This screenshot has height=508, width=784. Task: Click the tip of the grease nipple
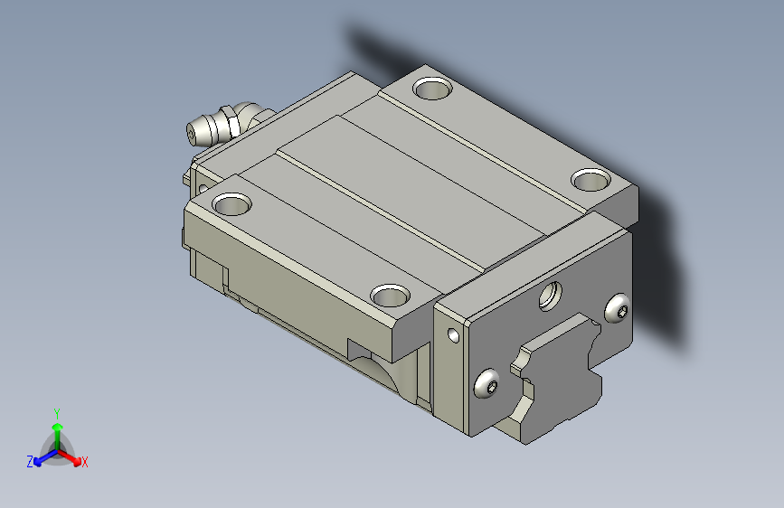point(192,135)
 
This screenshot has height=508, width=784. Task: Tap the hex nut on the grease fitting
point(230,120)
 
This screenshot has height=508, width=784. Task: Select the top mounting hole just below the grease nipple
point(231,204)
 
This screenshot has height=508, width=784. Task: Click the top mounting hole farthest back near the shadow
point(432,89)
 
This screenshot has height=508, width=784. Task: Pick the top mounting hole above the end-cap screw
point(591,180)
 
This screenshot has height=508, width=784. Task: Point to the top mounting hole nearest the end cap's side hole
point(390,296)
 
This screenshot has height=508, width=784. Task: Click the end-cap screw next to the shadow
point(618,308)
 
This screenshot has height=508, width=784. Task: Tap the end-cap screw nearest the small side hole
point(486,383)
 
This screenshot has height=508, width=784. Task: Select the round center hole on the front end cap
point(550,296)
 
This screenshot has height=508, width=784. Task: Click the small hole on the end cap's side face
point(453,335)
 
